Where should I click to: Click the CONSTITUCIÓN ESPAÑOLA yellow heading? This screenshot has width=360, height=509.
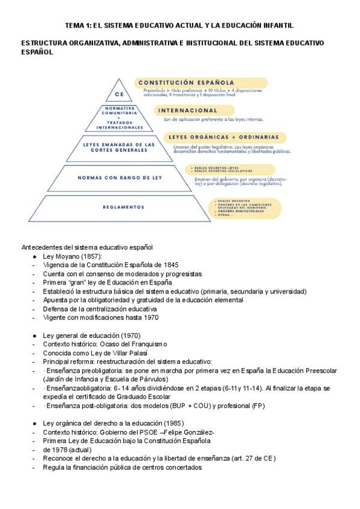186,82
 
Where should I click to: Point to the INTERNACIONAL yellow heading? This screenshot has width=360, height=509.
187,110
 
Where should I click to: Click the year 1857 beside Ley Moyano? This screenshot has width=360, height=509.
89,256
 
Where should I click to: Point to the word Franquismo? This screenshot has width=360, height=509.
146,344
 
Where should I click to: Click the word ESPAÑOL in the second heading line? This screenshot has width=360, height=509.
37,52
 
